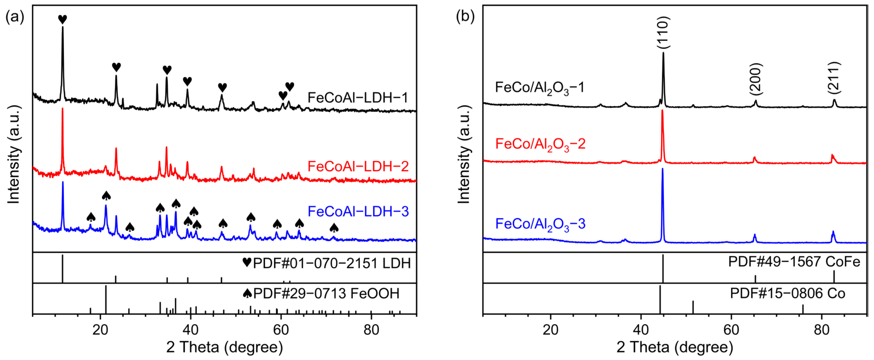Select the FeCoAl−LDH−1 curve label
[358, 98]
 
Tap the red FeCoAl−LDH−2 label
[358, 167]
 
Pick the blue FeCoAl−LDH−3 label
[358, 211]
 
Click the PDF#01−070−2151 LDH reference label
[326, 263]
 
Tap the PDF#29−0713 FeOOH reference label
[321, 293]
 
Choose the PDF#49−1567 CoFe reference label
[794, 262]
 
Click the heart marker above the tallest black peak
[62, 19]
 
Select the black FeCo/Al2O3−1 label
[539, 88]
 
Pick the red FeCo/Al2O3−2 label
[540, 144]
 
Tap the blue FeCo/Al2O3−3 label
[540, 224]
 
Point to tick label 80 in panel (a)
[371, 330]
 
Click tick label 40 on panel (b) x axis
[640, 330]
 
